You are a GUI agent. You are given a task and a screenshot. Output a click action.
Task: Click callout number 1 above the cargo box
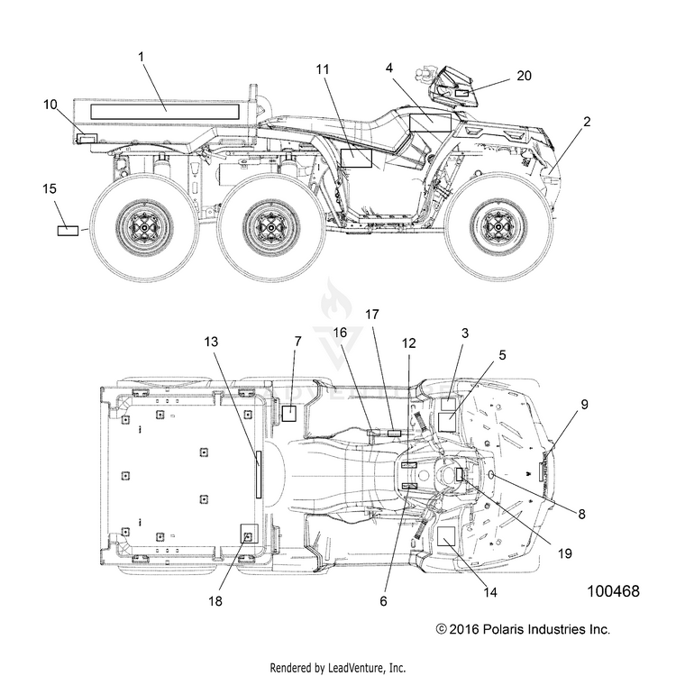pyautogui.click(x=141, y=57)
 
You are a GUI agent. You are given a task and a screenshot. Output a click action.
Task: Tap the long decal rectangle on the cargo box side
pyautogui.click(x=165, y=111)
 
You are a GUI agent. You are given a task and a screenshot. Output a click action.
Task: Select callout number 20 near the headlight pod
pyautogui.click(x=524, y=76)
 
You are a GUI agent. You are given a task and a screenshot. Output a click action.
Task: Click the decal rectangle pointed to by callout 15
pyautogui.click(x=69, y=231)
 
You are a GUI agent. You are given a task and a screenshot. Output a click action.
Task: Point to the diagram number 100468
pyautogui.click(x=614, y=591)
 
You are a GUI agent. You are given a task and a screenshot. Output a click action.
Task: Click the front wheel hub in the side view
pyautogui.click(x=498, y=226)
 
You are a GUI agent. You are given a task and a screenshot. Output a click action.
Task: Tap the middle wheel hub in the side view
pyautogui.click(x=271, y=226)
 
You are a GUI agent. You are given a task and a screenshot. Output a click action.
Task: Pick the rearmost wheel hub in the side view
pyautogui.click(x=145, y=226)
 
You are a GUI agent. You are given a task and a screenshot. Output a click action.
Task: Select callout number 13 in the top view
pyautogui.click(x=211, y=342)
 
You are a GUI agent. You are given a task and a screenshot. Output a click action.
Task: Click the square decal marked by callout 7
pyautogui.click(x=288, y=413)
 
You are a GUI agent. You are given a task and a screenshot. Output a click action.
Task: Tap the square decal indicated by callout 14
pyautogui.click(x=446, y=536)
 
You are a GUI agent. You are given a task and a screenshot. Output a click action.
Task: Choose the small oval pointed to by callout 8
pyautogui.click(x=491, y=475)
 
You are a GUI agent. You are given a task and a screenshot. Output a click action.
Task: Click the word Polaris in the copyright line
pyautogui.click(x=501, y=629)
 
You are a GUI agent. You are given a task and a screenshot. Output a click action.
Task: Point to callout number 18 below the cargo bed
pyautogui.click(x=215, y=601)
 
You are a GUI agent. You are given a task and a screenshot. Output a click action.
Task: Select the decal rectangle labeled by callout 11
pyautogui.click(x=356, y=158)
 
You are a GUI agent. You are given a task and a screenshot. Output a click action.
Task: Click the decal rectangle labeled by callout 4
pyautogui.click(x=430, y=123)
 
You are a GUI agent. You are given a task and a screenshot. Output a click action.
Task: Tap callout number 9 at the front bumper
pyautogui.click(x=584, y=405)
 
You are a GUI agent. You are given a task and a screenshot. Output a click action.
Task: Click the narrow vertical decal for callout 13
pyautogui.click(x=259, y=475)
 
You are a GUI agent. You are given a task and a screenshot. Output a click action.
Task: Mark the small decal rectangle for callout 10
pyautogui.click(x=87, y=139)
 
